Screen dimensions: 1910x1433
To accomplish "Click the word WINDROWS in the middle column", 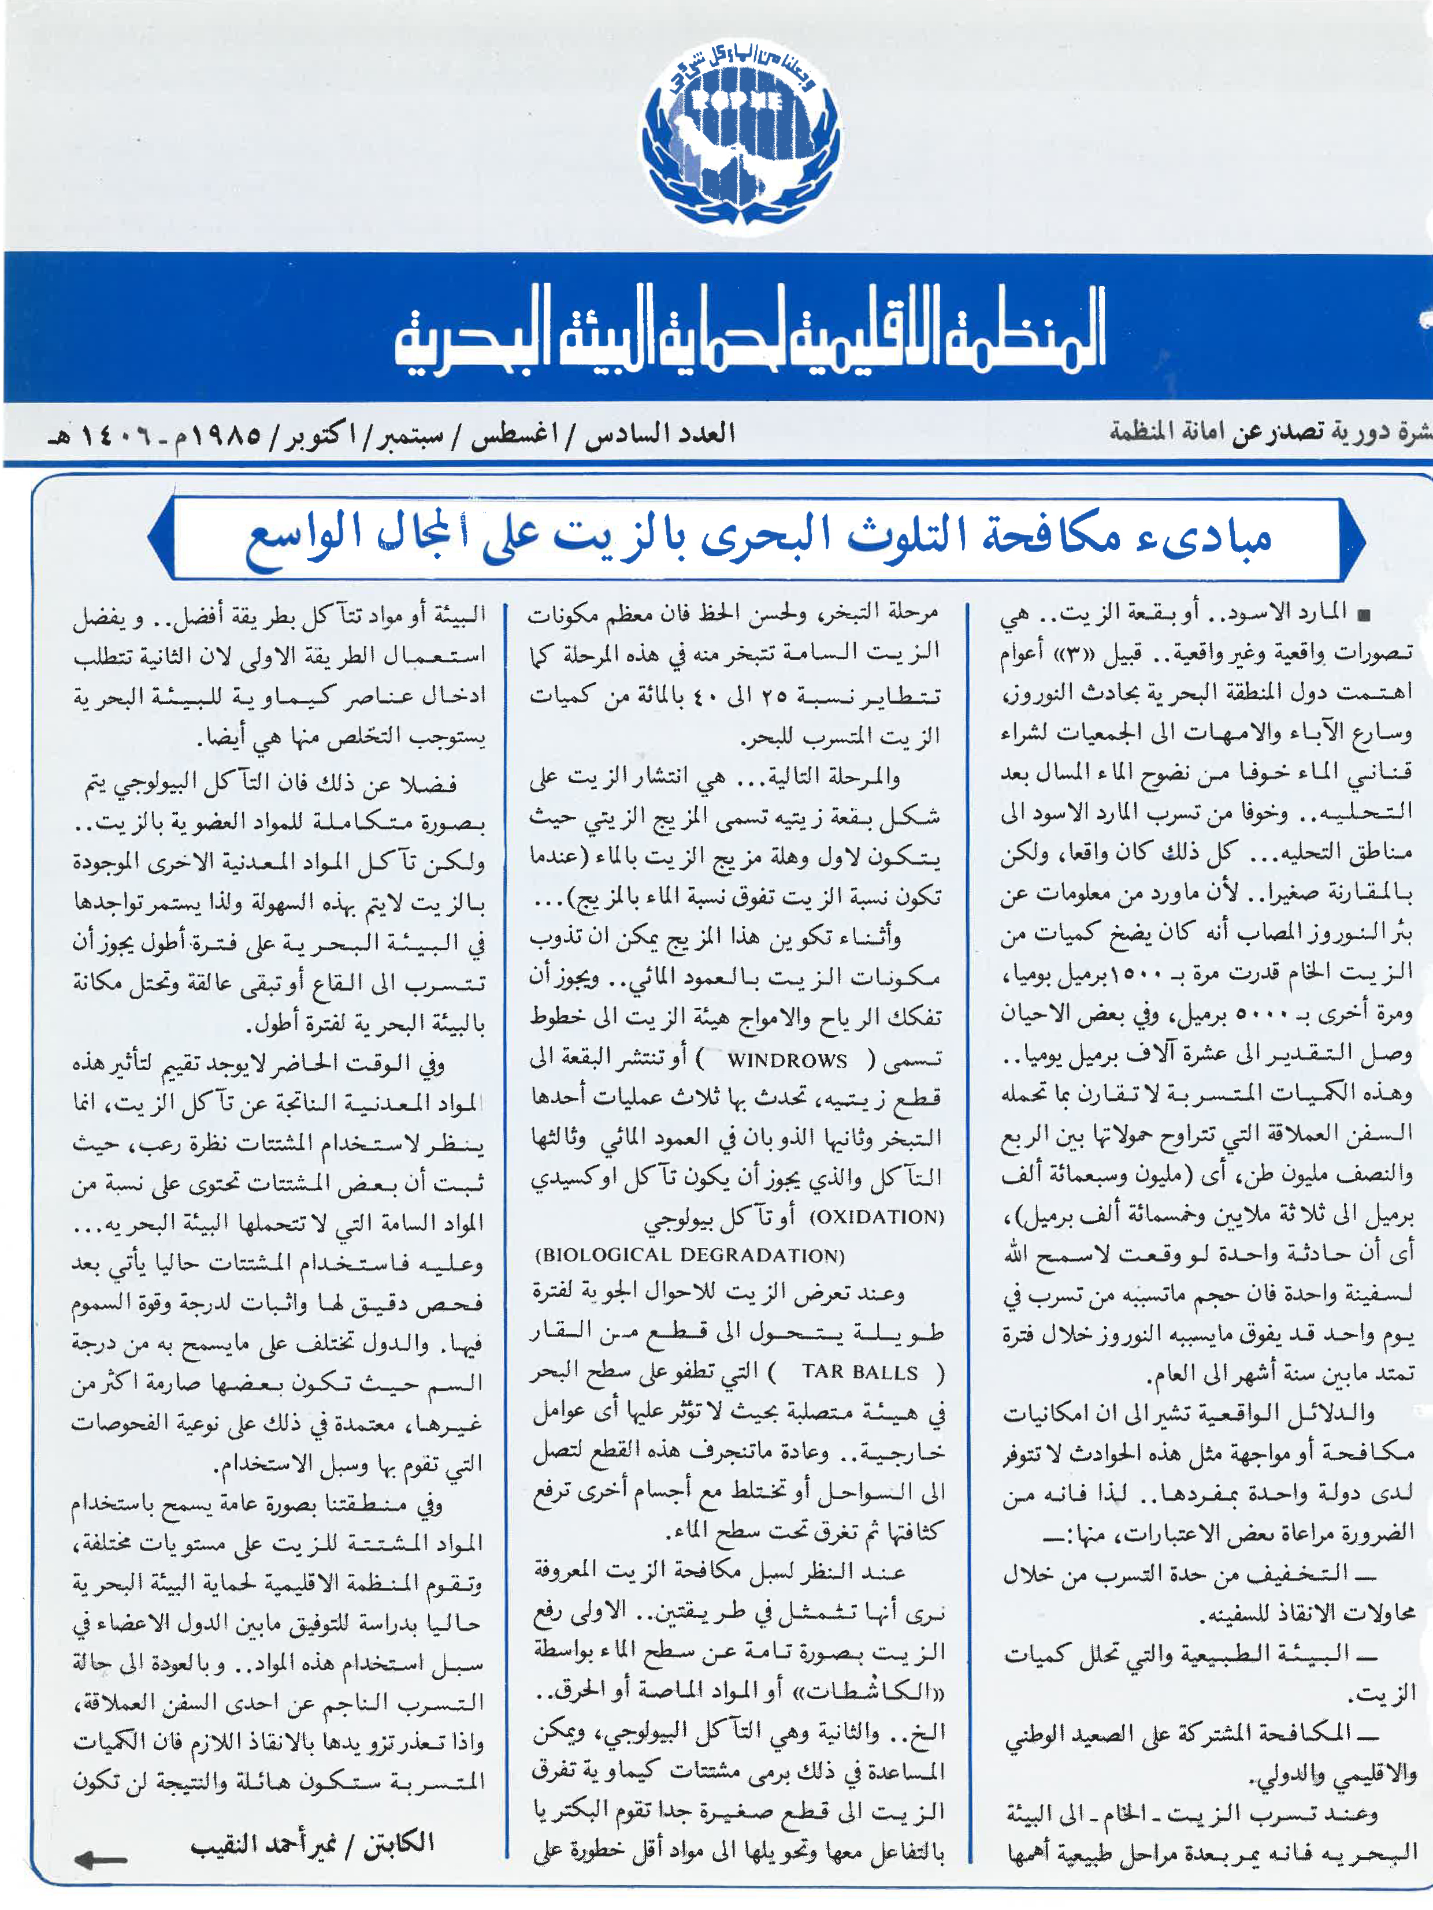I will (787, 1060).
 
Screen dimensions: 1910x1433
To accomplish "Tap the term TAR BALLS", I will (859, 1372).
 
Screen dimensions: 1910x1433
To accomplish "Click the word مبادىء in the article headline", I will (1213, 538).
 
